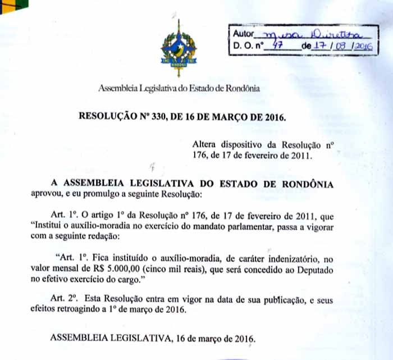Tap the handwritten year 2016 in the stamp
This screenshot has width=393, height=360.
point(363,48)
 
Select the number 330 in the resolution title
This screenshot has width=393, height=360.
point(160,117)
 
